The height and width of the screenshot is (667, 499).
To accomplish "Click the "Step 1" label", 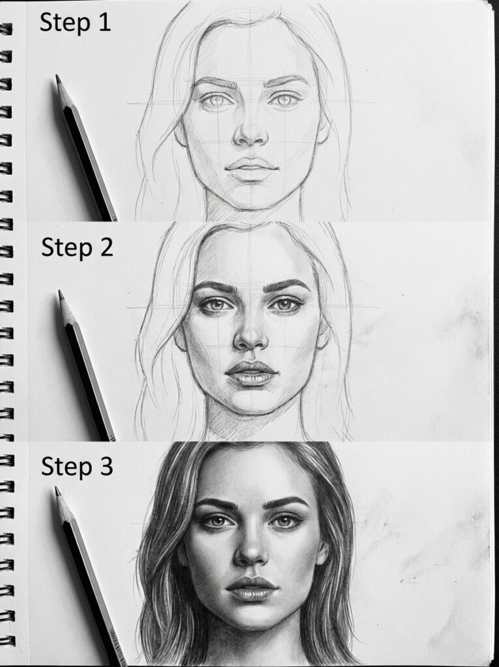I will [75, 22].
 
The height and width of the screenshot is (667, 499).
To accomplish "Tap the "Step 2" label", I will [77, 248].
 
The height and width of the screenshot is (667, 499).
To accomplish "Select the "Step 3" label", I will [77, 466].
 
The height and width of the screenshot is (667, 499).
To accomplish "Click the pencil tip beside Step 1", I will [57, 78].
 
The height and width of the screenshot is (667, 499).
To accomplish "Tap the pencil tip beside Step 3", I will [57, 490].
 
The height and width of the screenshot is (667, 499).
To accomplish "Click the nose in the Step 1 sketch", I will [250, 134].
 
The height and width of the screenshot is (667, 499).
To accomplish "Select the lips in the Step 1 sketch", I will [252, 168].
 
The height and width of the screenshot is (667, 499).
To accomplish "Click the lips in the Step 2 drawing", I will [252, 373].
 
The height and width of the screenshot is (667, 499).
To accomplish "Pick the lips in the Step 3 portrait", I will [252, 588].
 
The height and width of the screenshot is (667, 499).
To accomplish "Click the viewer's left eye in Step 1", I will [215, 100].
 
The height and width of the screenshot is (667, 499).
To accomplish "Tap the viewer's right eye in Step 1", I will [285, 100].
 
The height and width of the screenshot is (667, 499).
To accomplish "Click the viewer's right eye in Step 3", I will [285, 521].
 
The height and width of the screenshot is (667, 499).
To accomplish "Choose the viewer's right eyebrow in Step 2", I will [286, 285].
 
